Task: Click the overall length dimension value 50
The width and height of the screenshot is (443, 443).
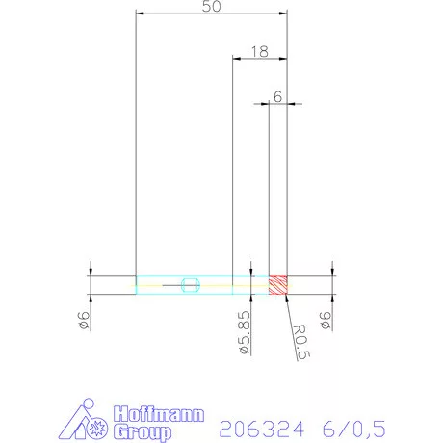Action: [212, 7]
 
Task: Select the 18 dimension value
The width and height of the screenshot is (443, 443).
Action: [258, 51]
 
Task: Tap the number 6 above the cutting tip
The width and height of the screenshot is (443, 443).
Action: [277, 96]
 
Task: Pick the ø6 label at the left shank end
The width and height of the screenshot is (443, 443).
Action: [83, 321]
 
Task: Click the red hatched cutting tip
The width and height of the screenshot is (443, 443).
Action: [278, 284]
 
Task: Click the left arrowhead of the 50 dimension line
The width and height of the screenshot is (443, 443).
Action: [140, 13]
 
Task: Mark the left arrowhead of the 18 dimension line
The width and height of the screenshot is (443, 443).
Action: [237, 59]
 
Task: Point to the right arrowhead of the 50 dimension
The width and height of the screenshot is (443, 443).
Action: [285, 13]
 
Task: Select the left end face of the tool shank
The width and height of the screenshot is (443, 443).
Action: [136, 284]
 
